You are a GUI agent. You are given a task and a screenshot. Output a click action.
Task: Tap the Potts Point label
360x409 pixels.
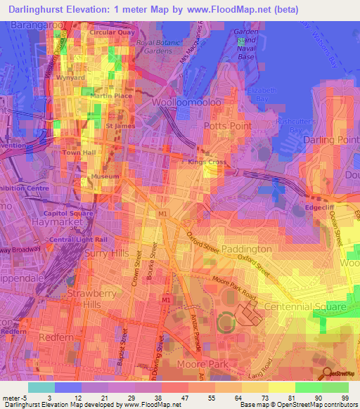point(226,125)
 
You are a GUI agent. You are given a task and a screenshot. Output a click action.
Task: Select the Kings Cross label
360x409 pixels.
point(202,163)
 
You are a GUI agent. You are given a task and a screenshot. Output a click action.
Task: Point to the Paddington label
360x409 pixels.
point(246,249)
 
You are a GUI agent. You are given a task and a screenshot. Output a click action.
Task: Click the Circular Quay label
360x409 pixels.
point(110,32)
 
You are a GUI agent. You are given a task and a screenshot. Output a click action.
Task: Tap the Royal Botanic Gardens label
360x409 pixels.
point(165,46)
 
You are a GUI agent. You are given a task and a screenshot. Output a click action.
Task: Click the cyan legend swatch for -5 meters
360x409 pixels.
point(41,387)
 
